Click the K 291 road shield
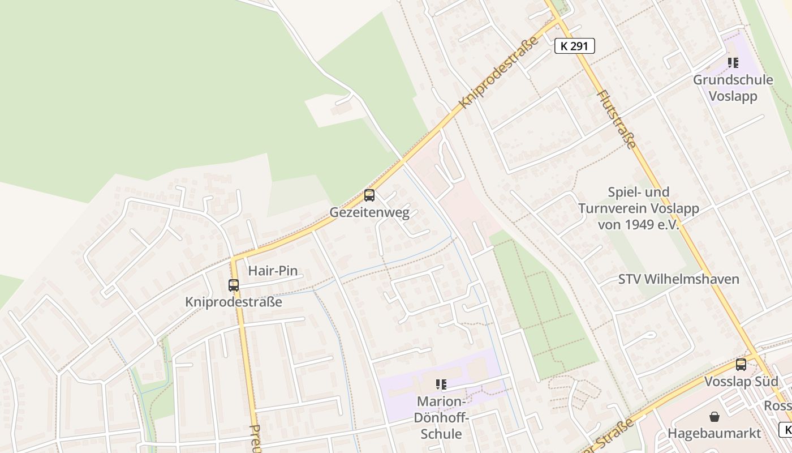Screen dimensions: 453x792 pyautogui.click(x=575, y=46)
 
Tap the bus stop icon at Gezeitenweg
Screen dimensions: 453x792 pyautogui.click(x=369, y=195)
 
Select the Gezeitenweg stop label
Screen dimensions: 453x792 pyautogui.click(x=369, y=213)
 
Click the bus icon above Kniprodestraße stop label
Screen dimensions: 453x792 pyautogui.click(x=234, y=285)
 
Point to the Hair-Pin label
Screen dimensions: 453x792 pyautogui.click(x=273, y=271)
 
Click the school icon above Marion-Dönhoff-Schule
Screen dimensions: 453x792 pyautogui.click(x=441, y=385)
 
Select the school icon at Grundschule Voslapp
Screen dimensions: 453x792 pyautogui.click(x=733, y=63)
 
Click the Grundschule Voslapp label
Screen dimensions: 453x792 pyautogui.click(x=733, y=88)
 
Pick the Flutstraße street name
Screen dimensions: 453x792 pyautogui.click(x=617, y=119)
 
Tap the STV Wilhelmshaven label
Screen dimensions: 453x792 pyautogui.click(x=678, y=279)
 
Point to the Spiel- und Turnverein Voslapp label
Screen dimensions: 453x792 pyautogui.click(x=638, y=208)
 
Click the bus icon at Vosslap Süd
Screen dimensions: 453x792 pyautogui.click(x=741, y=365)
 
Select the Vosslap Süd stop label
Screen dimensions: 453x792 pyautogui.click(x=741, y=381)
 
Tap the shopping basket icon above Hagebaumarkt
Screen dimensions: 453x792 pyautogui.click(x=714, y=417)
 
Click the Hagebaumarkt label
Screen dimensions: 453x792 pyautogui.click(x=714, y=433)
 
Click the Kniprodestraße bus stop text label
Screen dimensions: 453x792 pyautogui.click(x=234, y=302)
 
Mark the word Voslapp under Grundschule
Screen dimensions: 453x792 pyautogui.click(x=733, y=96)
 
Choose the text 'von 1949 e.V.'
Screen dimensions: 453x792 pyautogui.click(x=638, y=225)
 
